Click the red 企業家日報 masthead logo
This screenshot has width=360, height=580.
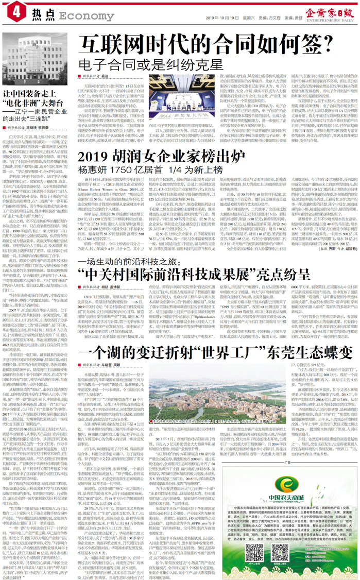pos(329,10)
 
